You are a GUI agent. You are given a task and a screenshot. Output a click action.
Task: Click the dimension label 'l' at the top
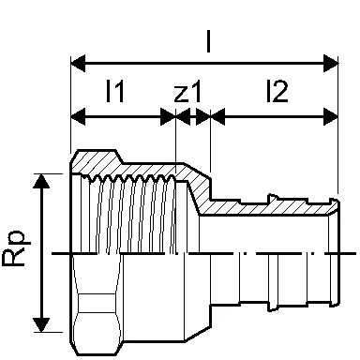(208, 39)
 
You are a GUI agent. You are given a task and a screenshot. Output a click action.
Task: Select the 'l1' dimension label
(115, 91)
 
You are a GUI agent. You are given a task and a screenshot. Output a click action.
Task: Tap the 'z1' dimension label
(187, 92)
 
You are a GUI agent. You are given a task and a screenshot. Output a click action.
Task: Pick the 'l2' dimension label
(277, 91)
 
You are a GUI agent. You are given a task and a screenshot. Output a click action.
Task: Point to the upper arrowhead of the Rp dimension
(41, 181)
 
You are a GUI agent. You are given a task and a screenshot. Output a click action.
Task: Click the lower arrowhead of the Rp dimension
(41, 324)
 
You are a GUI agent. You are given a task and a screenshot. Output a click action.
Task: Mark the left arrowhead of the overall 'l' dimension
(78, 64)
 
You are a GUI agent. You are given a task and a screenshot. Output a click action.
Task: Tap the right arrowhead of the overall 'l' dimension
(331, 64)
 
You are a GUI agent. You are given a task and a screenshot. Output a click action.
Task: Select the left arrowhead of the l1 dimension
(78, 117)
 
